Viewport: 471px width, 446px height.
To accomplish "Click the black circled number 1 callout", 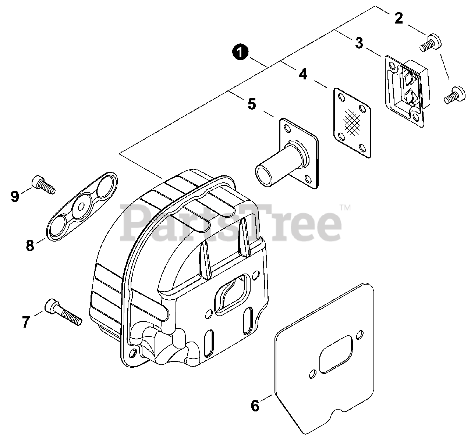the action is pyautogui.click(x=240, y=52).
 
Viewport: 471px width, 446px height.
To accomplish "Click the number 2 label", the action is pyautogui.click(x=399, y=18).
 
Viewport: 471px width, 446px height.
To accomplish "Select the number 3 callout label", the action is pyautogui.click(x=359, y=43).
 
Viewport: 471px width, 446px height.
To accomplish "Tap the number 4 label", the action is pyautogui.click(x=302, y=74).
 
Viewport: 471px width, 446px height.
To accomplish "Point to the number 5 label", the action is pyautogui.click(x=251, y=104).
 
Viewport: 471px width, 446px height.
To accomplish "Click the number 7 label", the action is pyautogui.click(x=25, y=322).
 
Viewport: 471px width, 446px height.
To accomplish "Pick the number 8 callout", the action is pyautogui.click(x=30, y=245).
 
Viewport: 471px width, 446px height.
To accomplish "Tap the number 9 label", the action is pyautogui.click(x=15, y=196).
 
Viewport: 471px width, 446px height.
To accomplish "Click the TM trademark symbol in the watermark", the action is pyautogui.click(x=345, y=208).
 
